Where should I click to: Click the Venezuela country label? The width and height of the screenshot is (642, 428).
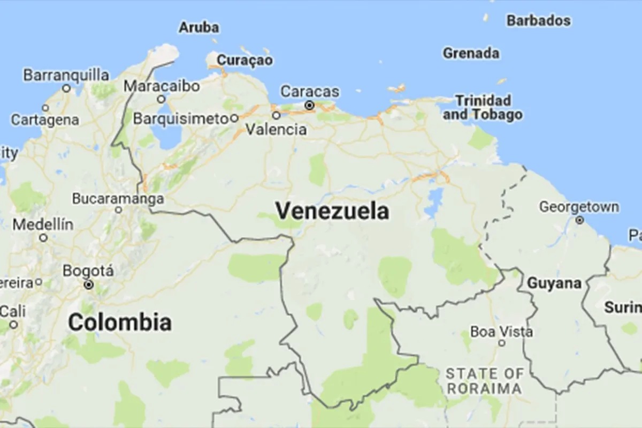pyautogui.click(x=332, y=211)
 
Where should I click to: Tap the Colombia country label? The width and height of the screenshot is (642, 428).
pyautogui.click(x=120, y=322)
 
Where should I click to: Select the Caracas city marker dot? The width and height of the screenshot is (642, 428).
pyautogui.click(x=309, y=106)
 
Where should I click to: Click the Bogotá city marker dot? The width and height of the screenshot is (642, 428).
pyautogui.click(x=89, y=284)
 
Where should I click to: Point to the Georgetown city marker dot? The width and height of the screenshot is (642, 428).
pyautogui.click(x=579, y=220)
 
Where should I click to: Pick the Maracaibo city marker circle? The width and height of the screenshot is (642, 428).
pyautogui.click(x=161, y=99)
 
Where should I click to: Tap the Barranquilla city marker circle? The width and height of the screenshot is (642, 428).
pyautogui.click(x=66, y=88)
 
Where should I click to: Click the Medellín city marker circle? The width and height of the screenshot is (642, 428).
pyautogui.click(x=43, y=238)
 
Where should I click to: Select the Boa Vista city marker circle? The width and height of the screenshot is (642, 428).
pyautogui.click(x=502, y=343)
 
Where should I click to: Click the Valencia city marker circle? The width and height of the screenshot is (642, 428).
pyautogui.click(x=276, y=115)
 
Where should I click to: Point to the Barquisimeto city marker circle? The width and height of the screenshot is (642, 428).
pyautogui.click(x=234, y=118)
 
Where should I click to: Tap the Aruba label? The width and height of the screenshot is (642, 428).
pyautogui.click(x=198, y=27)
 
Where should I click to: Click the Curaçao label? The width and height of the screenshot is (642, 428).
pyautogui.click(x=244, y=59)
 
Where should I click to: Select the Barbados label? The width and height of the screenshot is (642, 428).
pyautogui.click(x=538, y=21)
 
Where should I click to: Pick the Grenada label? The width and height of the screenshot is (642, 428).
pyautogui.click(x=471, y=53)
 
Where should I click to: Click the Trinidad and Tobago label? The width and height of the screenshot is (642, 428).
pyautogui.click(x=483, y=107)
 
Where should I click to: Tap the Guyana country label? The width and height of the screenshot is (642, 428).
pyautogui.click(x=554, y=283)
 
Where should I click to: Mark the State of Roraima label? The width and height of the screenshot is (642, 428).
pyautogui.click(x=485, y=380)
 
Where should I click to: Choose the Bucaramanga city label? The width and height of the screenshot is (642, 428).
pyautogui.click(x=118, y=199)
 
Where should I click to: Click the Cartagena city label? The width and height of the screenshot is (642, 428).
pyautogui.click(x=45, y=119)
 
